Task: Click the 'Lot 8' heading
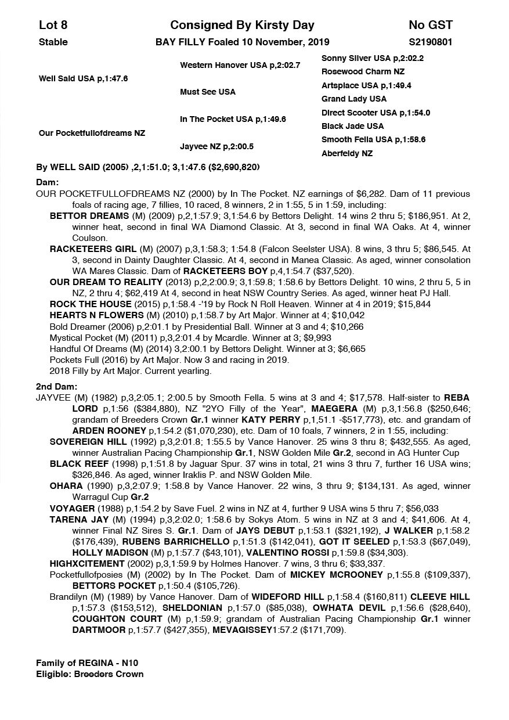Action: [x=53, y=25]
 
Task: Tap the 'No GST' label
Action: [x=430, y=25]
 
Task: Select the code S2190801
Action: [x=430, y=42]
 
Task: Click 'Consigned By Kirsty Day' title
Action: [x=242, y=25]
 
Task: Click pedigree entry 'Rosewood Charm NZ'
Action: [x=363, y=71]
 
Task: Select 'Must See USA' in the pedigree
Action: [x=208, y=92]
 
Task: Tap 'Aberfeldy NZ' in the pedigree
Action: [x=347, y=153]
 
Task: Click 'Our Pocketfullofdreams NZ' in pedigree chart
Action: [x=92, y=133]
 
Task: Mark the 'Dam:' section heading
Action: [x=48, y=182]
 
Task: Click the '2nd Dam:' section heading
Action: [x=56, y=386]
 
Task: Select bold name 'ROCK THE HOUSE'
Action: [x=91, y=304]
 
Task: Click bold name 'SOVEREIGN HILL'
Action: [x=88, y=441]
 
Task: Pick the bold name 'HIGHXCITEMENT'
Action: [x=87, y=563]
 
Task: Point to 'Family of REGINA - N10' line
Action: [x=87, y=663]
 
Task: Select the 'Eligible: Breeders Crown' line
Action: [x=89, y=674]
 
